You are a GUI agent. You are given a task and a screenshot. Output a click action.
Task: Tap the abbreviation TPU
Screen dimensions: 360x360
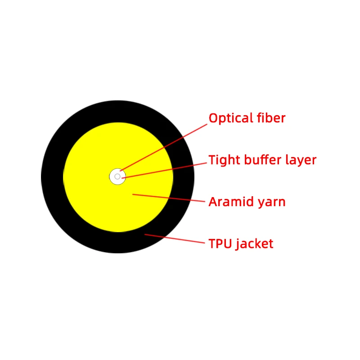point(220,244)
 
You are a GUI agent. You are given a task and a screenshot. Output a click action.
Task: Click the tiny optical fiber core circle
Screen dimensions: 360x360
point(117,176)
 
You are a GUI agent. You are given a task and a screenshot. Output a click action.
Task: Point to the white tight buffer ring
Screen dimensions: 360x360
point(113,174)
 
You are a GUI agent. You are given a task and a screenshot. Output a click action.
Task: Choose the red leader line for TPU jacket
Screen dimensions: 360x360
point(175,239)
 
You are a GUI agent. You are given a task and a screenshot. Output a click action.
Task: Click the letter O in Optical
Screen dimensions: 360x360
point(213,119)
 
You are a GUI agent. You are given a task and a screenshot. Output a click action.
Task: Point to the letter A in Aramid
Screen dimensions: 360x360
point(213,202)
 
